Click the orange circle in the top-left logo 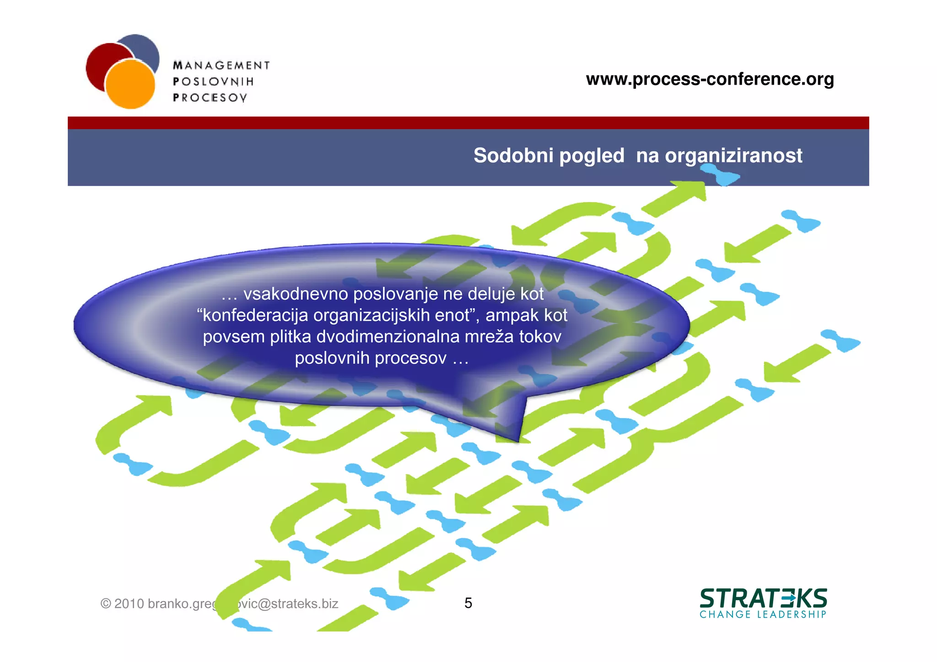point(130,85)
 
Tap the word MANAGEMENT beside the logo point(221,65)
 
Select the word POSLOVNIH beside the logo point(213,81)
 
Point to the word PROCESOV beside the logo point(210,97)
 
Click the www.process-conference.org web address point(710,79)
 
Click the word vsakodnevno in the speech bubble point(296,294)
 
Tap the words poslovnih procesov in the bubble point(371,358)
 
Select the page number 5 point(468,603)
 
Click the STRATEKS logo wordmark point(763,598)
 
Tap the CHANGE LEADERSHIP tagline point(763,614)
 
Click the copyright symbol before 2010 point(106,604)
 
